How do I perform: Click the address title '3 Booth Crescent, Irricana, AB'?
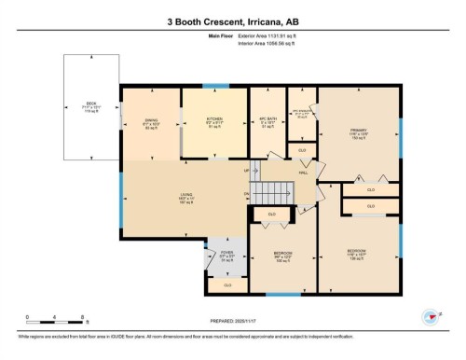[x=232, y=20]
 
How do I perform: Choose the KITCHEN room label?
[x=214, y=119]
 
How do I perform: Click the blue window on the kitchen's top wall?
[x=215, y=87]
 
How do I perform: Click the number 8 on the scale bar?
[x=85, y=316]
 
